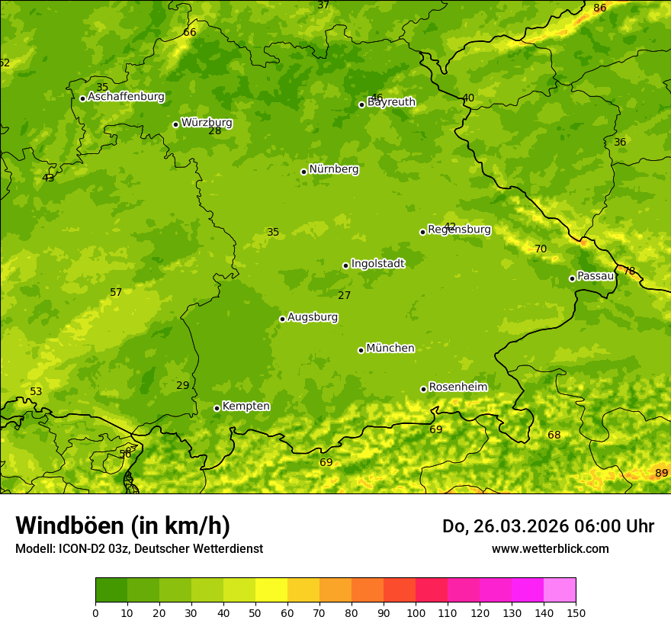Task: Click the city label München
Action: [x=390, y=349]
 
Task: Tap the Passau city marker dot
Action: [x=572, y=278]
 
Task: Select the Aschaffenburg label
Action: [x=126, y=97]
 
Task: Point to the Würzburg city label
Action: [x=206, y=123]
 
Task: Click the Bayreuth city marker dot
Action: [x=361, y=104]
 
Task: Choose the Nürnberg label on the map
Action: [x=333, y=169]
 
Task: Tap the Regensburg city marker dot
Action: [x=422, y=232]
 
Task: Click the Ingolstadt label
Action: [x=377, y=264]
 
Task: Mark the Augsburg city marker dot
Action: [x=282, y=319]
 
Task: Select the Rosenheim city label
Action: [x=457, y=387]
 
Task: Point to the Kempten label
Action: [x=246, y=406]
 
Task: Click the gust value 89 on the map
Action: [x=661, y=474]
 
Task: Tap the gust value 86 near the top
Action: [x=599, y=8]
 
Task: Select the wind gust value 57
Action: [x=116, y=293]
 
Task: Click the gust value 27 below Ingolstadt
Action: [x=345, y=296]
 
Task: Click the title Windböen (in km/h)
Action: [x=123, y=525]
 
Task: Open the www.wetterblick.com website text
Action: [x=550, y=548]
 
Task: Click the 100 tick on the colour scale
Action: [x=416, y=612]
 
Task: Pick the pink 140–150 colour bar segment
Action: [x=560, y=590]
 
